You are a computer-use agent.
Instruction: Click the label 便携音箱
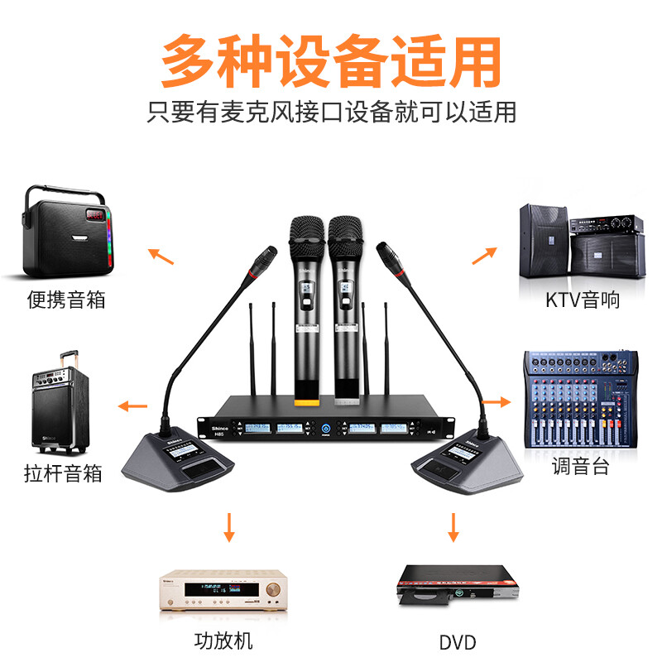(x=66, y=299)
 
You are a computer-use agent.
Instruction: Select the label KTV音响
(x=582, y=299)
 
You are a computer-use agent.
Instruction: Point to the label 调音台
(x=581, y=466)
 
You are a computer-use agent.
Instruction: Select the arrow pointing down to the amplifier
(x=228, y=527)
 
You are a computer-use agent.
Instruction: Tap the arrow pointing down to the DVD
(x=452, y=527)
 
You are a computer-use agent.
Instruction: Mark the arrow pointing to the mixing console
(x=496, y=402)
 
